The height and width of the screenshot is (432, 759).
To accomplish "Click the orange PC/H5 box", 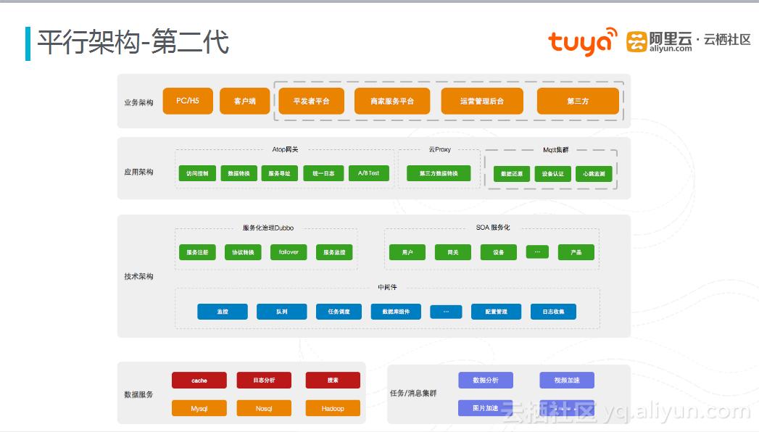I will pos(187,101).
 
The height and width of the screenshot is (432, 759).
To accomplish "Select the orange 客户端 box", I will pos(244,101).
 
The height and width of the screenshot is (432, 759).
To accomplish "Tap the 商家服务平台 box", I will pos(391,101).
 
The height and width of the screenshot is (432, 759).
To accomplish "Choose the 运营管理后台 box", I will pos(481,101).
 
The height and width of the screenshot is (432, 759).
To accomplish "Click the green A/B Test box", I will pos(368,173).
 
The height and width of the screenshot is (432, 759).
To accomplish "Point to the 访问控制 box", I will pos(197,173).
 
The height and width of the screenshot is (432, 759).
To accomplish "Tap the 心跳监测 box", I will pos(594,174).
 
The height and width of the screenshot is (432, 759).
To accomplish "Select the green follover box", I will pos(289,252).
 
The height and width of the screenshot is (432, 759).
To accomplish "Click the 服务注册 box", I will pos(197,252).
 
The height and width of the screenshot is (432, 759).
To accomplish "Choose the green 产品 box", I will pos(576,252).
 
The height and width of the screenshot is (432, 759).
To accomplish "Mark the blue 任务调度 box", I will pos(339,312).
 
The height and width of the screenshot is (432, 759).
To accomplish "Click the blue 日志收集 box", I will pos(553,312).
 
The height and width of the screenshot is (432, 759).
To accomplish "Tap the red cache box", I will pos(199,380).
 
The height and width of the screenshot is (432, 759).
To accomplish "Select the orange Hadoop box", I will pos(333,408).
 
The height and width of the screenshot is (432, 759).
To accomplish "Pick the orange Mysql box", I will pos(199,408).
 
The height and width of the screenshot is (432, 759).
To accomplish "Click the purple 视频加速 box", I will pos(567,380).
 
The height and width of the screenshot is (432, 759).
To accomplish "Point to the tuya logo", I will pos(582,41).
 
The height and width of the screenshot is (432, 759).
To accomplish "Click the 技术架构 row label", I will pos(138,276).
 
